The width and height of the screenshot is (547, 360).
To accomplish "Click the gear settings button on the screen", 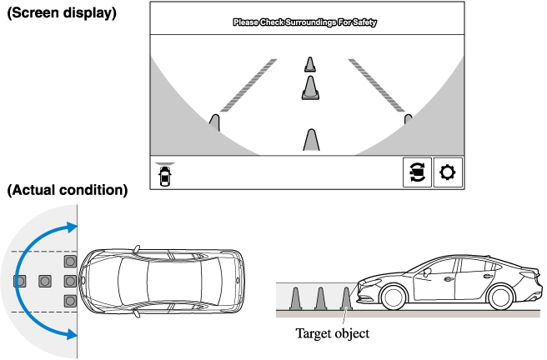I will pos(448,172).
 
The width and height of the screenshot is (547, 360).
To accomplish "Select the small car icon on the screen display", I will pos(165,174).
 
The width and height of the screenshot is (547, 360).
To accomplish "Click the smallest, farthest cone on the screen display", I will pos(309,64).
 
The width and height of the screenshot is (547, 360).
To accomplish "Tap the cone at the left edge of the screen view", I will pos(214,124).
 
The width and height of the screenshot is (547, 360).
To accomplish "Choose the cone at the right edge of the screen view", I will pos(408,121).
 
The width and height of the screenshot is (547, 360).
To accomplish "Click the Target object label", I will pos(332,333).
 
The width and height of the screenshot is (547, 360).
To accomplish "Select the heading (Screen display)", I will pos(61,14).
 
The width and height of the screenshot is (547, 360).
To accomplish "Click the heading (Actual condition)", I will pos(67,190).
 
